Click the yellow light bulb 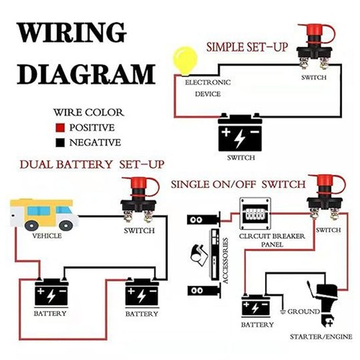pos(185,59)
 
